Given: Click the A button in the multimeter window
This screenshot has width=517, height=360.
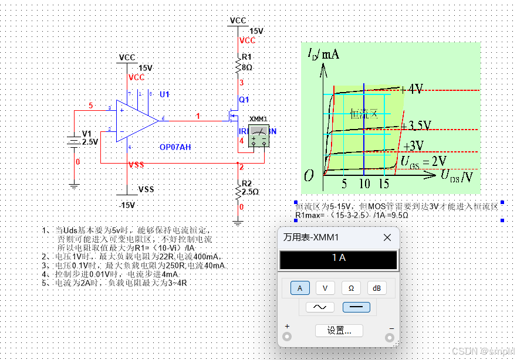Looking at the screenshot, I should (300, 288).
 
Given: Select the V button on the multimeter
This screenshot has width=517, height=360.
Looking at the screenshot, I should (325, 288).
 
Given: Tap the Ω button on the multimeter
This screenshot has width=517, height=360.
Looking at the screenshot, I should (351, 288).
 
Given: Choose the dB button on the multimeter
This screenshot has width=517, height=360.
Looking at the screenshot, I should (377, 288).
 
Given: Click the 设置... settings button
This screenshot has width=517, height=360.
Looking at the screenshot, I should (339, 331).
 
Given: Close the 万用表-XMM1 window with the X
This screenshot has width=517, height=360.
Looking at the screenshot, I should (387, 237).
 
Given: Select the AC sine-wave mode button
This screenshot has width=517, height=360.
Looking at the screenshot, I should (320, 307).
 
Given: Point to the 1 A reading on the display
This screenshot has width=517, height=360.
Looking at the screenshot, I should (338, 258).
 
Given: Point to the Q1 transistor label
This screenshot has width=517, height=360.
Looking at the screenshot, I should (244, 100).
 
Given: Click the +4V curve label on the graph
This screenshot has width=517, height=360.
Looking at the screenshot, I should (413, 89).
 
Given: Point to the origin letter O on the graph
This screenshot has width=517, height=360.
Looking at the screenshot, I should (309, 175).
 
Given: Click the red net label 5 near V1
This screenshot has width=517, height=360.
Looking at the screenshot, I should (90, 106).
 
